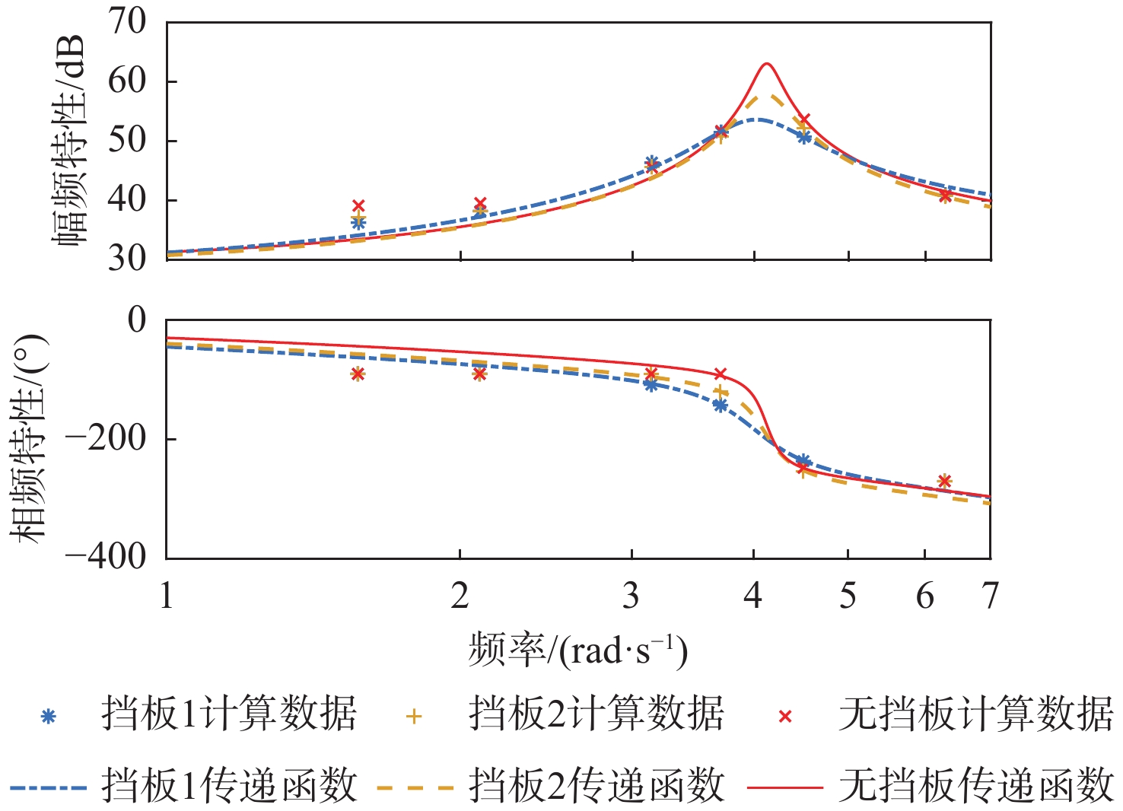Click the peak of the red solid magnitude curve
click(766, 64)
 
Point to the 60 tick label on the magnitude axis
click(126, 81)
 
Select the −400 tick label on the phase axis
click(106, 557)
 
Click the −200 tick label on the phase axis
click(106, 439)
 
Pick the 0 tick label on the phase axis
click(137, 320)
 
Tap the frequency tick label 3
click(631, 596)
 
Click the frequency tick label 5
click(848, 596)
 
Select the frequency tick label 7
click(989, 596)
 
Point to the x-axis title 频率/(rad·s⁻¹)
click(578, 650)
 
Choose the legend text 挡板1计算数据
click(229, 714)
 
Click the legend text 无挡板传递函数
click(976, 786)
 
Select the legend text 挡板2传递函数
click(596, 786)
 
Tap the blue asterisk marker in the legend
click(48, 716)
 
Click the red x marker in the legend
click(785, 716)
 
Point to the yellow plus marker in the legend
click(414, 716)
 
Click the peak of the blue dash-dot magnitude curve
click(757, 119)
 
